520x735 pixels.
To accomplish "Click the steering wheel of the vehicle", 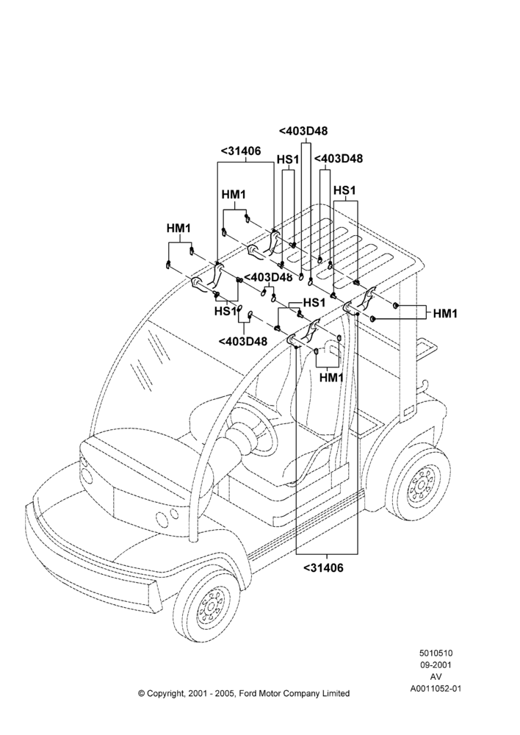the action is [x=253, y=425].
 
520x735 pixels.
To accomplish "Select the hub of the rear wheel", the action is [x=419, y=488].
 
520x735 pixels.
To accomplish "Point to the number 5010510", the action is [x=436, y=653].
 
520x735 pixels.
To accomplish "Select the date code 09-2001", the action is [x=436, y=664].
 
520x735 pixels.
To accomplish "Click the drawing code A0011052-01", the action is [x=436, y=689].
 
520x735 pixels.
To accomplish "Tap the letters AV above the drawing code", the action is [x=436, y=677].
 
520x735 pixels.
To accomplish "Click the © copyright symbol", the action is [x=141, y=694].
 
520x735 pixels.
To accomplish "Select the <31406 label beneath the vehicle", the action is [x=323, y=567].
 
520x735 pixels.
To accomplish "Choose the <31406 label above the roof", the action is [x=240, y=151].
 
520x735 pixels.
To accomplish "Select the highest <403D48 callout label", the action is [x=303, y=132].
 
